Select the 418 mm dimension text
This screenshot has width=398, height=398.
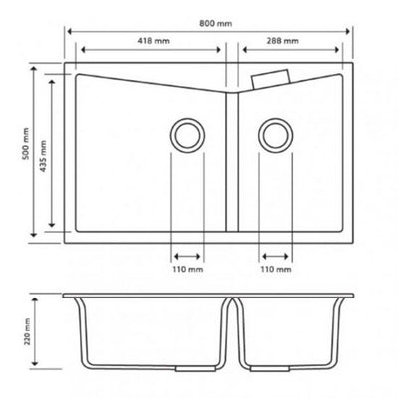tap(151, 42)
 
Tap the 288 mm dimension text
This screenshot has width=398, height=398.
tap(283, 42)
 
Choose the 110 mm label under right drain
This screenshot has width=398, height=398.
tap(275, 268)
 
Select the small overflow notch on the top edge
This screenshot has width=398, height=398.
tap(272, 76)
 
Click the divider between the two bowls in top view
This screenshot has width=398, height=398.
tap(232, 159)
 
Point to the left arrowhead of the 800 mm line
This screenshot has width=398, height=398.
tap(70, 29)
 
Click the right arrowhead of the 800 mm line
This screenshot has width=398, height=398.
tap(353, 29)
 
